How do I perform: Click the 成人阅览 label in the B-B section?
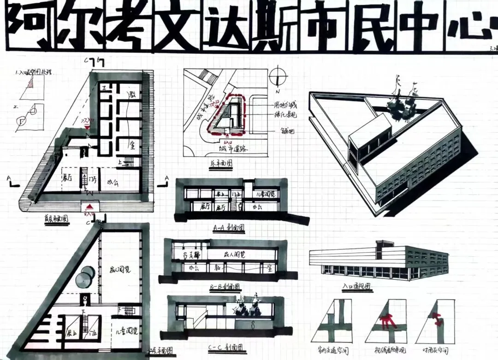[235, 254]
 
